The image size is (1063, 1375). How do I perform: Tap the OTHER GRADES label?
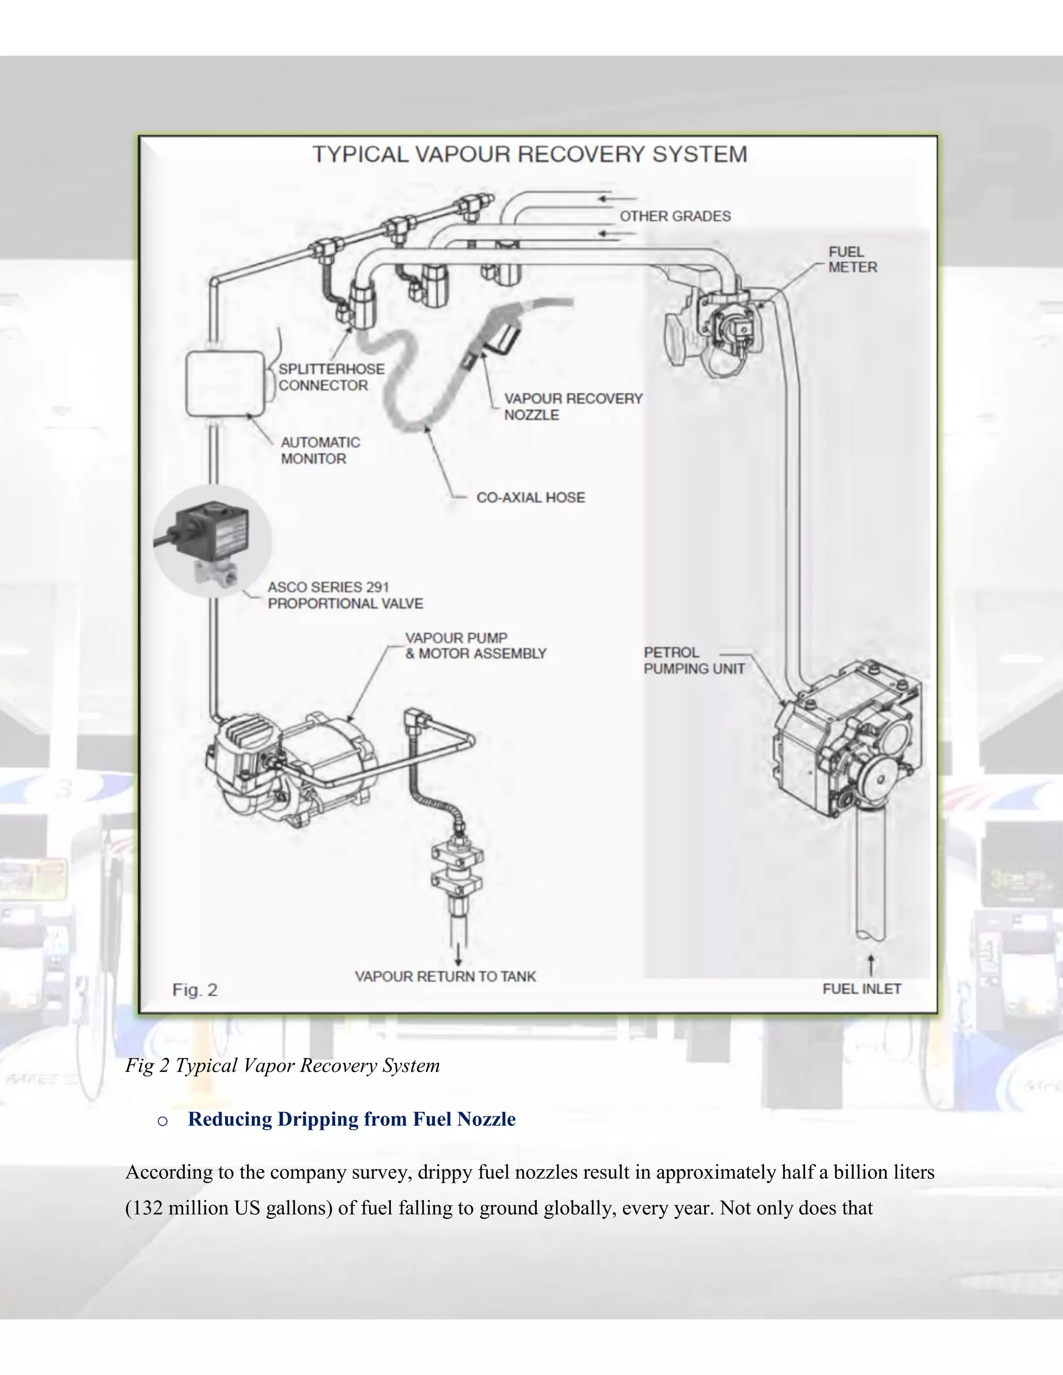(675, 216)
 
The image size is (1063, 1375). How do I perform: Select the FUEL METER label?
(852, 259)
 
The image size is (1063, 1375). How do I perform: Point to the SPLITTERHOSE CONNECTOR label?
(331, 377)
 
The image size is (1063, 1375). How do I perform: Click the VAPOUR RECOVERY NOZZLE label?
(573, 407)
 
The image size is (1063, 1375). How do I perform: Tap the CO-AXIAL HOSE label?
(530, 498)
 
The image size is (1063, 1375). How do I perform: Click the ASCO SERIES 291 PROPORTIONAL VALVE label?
(345, 595)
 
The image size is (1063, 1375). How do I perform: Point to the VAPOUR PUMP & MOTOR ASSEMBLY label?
(475, 645)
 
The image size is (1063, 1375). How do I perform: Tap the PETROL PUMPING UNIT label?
(693, 661)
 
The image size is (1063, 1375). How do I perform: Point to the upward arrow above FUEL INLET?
(870, 965)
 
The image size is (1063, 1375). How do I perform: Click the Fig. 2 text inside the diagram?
(195, 991)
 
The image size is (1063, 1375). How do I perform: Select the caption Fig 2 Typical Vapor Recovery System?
(282, 1065)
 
